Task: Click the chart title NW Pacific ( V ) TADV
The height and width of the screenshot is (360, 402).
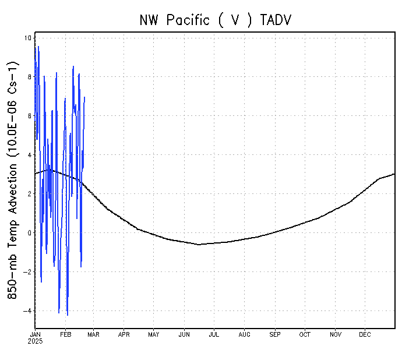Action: (215, 20)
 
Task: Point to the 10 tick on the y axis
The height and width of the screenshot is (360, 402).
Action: (28, 38)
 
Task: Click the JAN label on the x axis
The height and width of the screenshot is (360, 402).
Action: (35, 334)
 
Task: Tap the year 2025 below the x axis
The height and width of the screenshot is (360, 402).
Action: (36, 341)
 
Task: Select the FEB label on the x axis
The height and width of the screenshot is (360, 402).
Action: (66, 334)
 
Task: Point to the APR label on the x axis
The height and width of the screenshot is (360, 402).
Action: (124, 334)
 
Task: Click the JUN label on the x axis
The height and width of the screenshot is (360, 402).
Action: (184, 334)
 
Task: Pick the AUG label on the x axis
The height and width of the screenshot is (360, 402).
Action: (245, 334)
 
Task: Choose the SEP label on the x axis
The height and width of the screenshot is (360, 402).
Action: (275, 334)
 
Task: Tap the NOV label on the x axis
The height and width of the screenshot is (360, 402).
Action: (336, 334)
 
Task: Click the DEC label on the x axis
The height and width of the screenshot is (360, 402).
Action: (365, 334)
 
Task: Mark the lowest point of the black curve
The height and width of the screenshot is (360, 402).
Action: (199, 245)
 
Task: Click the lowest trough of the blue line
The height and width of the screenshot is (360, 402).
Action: (68, 315)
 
